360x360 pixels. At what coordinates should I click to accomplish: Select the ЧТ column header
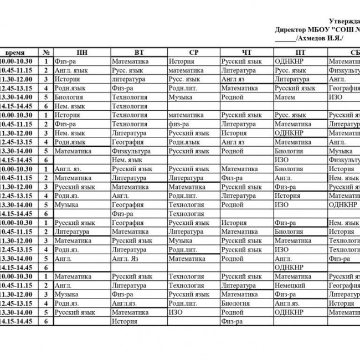[246, 53]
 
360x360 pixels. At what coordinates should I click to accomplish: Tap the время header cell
[18, 53]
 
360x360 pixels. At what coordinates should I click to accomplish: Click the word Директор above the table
[292, 30]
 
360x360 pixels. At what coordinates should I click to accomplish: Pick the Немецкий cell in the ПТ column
[291, 285]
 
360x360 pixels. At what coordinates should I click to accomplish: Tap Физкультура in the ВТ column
[131, 151]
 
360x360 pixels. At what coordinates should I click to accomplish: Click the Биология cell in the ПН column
[69, 97]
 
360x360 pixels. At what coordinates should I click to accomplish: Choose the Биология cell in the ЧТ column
[235, 304]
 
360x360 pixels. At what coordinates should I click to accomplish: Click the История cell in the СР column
[181, 61]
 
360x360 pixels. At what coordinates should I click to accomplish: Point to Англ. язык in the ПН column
[71, 70]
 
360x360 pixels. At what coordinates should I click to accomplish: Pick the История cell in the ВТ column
[124, 321]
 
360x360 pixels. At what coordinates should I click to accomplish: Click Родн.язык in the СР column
[184, 142]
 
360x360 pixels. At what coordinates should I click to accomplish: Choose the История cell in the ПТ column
[287, 196]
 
